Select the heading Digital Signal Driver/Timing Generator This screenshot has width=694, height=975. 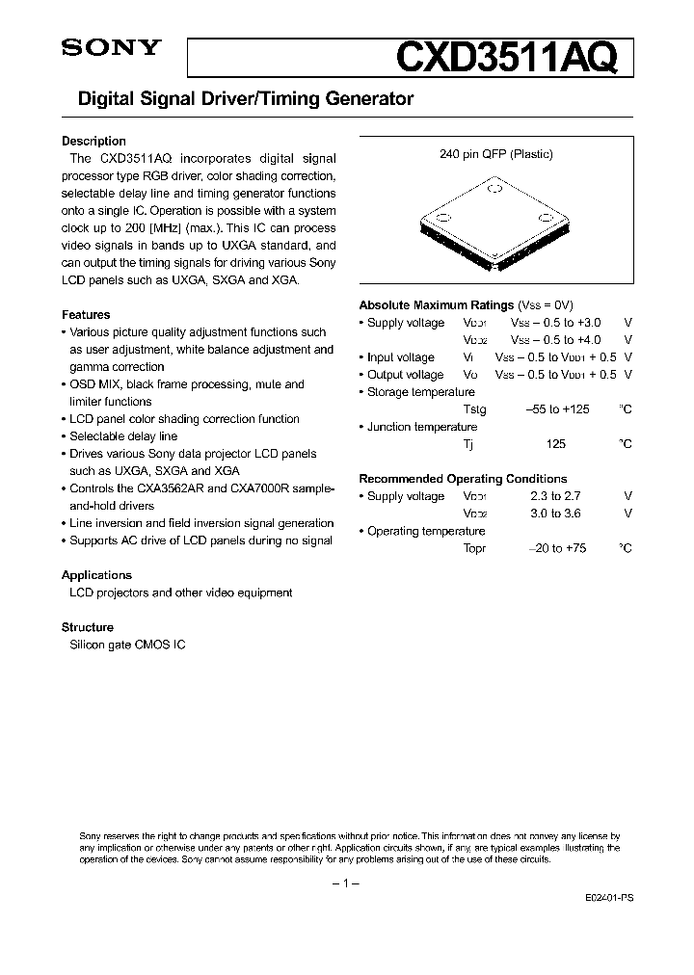[x=238, y=98]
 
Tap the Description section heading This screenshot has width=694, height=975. [x=93, y=141]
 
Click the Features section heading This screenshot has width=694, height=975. [x=86, y=315]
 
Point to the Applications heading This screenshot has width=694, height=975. [x=96, y=575]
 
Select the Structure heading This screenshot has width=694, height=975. [x=88, y=627]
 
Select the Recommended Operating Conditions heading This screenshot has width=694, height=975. [x=463, y=479]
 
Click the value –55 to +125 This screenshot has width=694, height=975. [x=556, y=409]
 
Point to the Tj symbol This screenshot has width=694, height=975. [x=468, y=444]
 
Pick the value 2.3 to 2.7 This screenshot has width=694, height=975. [x=555, y=496]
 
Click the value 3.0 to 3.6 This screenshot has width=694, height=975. [x=555, y=514]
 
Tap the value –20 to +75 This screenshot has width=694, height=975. [x=556, y=548]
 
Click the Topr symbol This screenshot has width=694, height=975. [x=474, y=548]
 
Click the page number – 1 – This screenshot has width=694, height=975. [x=345, y=883]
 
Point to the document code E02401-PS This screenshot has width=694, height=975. [x=608, y=896]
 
